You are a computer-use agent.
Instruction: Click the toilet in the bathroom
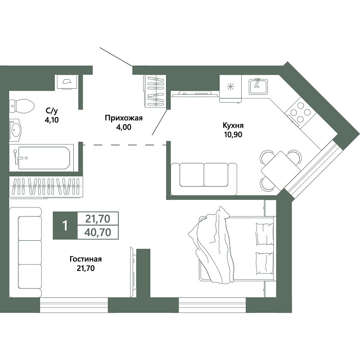click(x=22, y=106)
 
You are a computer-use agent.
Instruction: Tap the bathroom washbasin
click(x=15, y=130)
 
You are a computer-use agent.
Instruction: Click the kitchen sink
click(x=258, y=86)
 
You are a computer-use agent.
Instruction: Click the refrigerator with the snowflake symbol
click(x=230, y=88)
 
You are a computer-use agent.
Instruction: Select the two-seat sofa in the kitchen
click(x=204, y=179)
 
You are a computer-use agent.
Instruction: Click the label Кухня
click(x=233, y=126)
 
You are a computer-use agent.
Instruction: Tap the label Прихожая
click(x=124, y=118)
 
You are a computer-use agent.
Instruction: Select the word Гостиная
click(x=85, y=259)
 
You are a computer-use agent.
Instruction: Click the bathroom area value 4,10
click(x=52, y=120)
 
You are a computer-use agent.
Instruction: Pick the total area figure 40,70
click(x=98, y=233)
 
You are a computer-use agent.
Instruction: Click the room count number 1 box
click(x=65, y=226)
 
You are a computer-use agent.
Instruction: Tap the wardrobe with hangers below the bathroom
click(x=46, y=187)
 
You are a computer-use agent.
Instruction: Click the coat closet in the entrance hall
click(x=156, y=91)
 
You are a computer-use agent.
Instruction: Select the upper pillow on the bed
click(x=265, y=234)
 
